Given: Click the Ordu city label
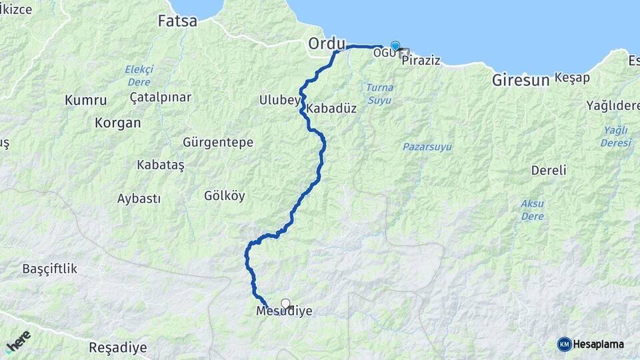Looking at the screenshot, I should tap(327, 44).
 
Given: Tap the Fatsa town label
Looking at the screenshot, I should tap(177, 21).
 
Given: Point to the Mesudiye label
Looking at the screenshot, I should tap(284, 311).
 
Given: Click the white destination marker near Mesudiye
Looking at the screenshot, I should tap(286, 304).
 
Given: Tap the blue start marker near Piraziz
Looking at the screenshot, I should tap(395, 46).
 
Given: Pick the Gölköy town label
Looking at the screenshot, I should tap(225, 196).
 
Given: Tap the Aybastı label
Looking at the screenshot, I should tap(139, 199).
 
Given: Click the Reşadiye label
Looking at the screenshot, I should tap(117, 348).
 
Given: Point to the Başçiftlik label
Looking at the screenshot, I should tap(50, 269).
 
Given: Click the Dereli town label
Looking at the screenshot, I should tap(549, 170).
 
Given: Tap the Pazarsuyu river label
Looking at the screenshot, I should tap(427, 146).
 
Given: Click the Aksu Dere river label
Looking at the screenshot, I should tap(532, 209).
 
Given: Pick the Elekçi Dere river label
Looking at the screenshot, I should tap(139, 75).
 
